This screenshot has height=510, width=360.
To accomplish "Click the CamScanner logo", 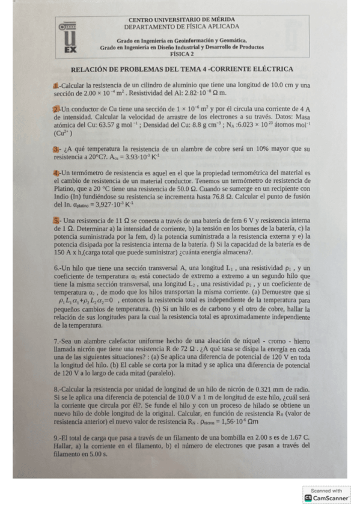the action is pyautogui.click(x=327, y=498).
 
